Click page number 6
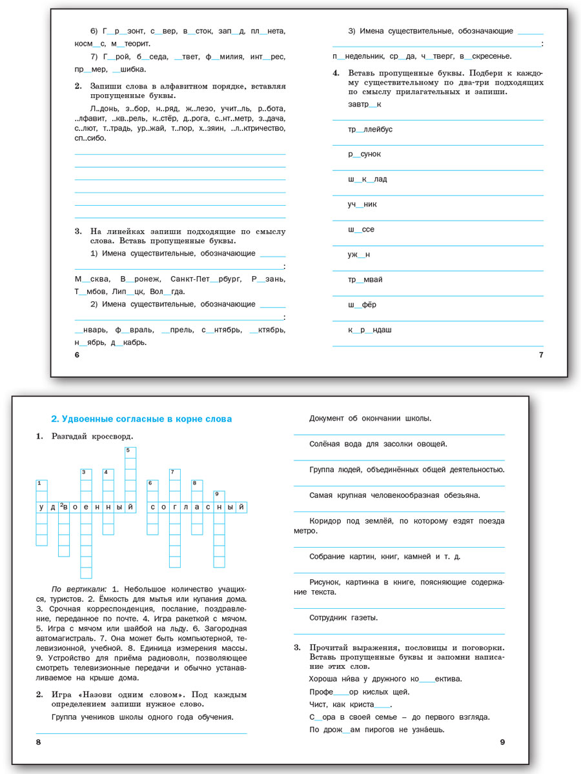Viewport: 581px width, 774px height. pyautogui.click(x=76, y=355)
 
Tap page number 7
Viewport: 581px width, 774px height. pyautogui.click(x=541, y=355)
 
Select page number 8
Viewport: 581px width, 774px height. pyautogui.click(x=39, y=742)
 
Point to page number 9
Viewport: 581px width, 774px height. pyautogui.click(x=502, y=742)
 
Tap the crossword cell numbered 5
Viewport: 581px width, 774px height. pyautogui.click(x=130, y=451)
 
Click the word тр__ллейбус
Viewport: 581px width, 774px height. pyautogui.click(x=370, y=130)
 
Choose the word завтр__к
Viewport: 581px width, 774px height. pyautogui.click(x=365, y=104)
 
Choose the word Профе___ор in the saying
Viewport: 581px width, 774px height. pyautogui.click(x=332, y=691)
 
